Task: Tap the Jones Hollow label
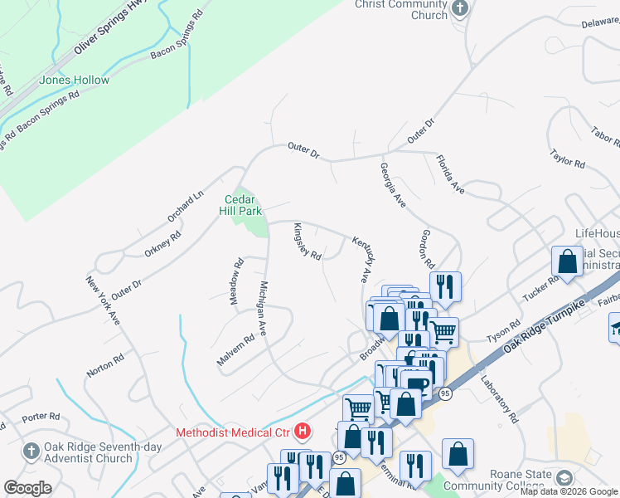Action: (74, 81)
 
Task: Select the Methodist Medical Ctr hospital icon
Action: (303, 432)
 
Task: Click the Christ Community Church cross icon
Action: (460, 9)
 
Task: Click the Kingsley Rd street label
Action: (306, 244)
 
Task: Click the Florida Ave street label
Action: (450, 175)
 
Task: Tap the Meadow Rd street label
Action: (237, 281)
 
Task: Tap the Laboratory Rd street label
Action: (498, 399)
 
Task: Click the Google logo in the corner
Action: (27, 488)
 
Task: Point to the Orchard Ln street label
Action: (185, 207)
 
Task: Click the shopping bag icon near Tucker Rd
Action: (568, 261)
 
